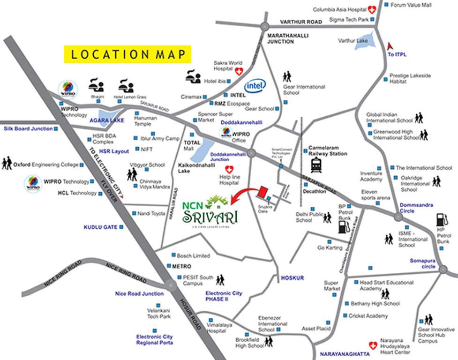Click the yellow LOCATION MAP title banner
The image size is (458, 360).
128,54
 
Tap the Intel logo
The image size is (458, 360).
255,85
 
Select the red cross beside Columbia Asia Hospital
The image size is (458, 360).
372,8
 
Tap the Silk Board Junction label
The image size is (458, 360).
28,128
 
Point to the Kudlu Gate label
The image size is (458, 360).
100,227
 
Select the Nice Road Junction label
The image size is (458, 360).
139,294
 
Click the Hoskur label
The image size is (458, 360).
292,278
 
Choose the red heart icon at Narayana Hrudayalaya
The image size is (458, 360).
374,346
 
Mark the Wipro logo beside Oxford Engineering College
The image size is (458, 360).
32,183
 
